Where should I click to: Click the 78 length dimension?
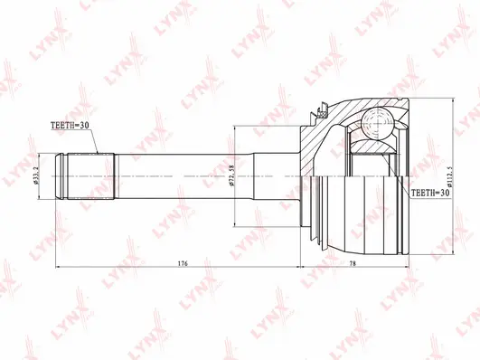pos(353,263)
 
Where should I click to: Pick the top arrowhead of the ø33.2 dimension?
pos(45,156)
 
